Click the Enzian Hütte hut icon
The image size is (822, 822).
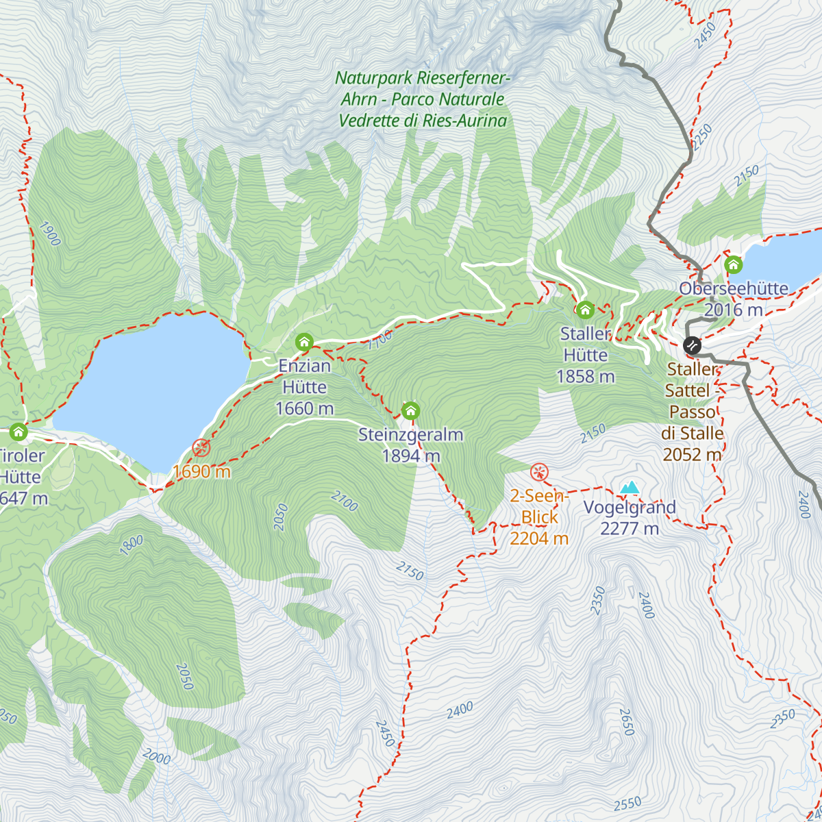pos(304,342)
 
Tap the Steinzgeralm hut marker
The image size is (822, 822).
pos(410,411)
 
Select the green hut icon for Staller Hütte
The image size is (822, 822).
pos(585,310)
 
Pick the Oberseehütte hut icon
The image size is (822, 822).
pos(733,264)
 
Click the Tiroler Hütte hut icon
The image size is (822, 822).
pos(18,432)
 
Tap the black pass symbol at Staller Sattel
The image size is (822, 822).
pos(693,345)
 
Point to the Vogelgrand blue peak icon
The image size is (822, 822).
pos(629,487)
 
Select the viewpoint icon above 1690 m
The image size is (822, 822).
pos(201,448)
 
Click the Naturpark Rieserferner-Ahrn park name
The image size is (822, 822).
pos(423,99)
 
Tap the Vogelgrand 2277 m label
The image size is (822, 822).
pos(629,518)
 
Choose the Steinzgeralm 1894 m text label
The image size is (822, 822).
pos(411,445)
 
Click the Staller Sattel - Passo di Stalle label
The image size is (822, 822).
pos(693,412)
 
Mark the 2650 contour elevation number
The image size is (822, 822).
pos(626,722)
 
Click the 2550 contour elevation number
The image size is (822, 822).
pos(627,804)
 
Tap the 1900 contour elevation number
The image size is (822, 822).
pos(50,234)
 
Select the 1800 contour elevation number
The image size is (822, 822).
pos(132,545)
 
